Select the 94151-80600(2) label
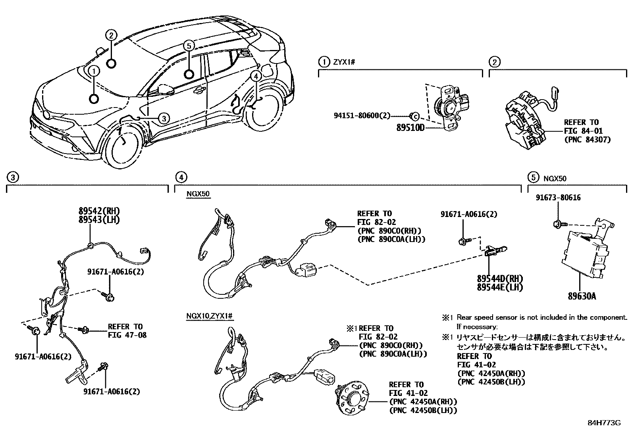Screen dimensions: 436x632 362,115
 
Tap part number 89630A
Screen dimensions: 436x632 582,296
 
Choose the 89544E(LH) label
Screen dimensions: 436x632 500,287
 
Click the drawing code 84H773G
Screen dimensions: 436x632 604,423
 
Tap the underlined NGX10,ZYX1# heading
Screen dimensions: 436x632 209,316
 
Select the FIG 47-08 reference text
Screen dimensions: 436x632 127,335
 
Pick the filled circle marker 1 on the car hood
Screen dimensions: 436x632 94,98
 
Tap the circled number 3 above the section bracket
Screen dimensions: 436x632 13,177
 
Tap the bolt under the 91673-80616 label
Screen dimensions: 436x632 557,225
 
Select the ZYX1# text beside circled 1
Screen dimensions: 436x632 343,62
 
